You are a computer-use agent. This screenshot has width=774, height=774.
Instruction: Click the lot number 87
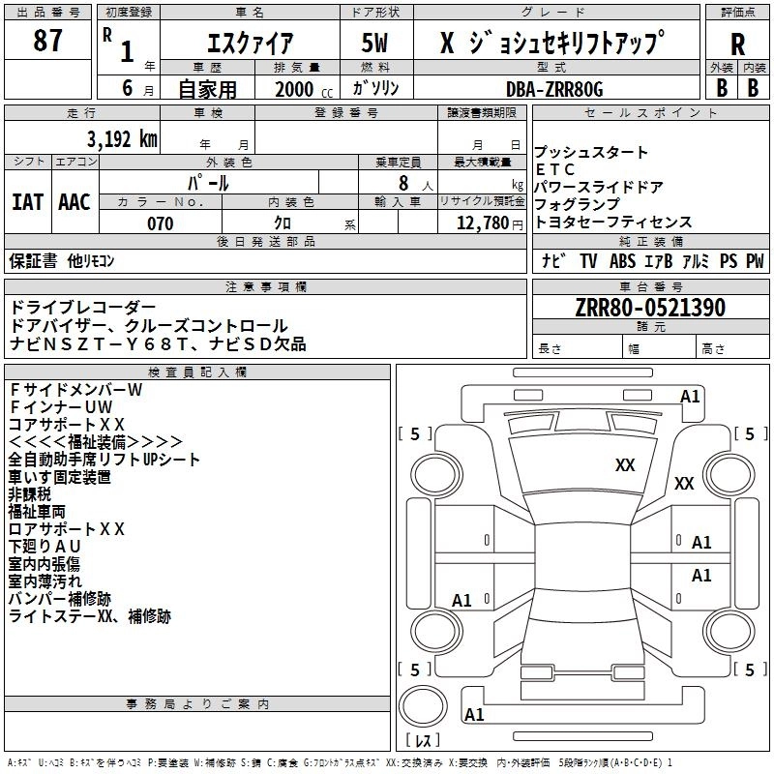pos(48,42)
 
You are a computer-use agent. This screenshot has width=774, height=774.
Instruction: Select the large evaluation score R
pos(737,45)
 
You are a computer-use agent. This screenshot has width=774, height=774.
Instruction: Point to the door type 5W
pos(376,44)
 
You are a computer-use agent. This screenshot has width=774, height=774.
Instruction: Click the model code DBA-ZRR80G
pos(554,88)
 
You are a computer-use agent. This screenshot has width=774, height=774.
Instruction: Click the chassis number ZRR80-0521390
pos(648,308)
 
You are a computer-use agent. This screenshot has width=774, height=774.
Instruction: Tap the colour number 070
pos(160,223)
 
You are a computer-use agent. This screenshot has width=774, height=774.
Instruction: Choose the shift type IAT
pos(27,202)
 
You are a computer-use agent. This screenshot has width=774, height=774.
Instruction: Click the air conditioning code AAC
pos(74,202)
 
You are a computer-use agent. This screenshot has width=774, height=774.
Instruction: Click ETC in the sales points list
pos(555,170)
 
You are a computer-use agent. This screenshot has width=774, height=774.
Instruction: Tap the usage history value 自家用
pos(206,88)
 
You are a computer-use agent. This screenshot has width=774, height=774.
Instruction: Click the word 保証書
pos(35,260)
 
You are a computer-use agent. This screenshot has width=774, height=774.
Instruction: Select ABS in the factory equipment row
pos(621,260)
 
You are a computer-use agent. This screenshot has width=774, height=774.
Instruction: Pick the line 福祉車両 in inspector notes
pos(37,512)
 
